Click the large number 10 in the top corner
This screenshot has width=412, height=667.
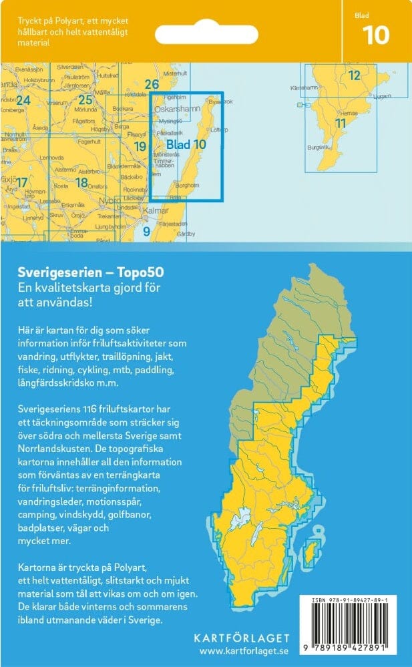tap(376, 35)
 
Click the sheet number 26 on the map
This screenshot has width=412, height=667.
tap(152, 84)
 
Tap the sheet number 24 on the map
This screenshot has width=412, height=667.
tap(23, 101)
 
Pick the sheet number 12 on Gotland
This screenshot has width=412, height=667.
tap(354, 75)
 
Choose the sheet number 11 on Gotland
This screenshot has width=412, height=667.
tap(341, 123)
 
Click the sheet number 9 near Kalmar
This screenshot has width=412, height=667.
tap(146, 232)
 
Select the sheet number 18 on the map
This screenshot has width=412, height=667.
tap(81, 182)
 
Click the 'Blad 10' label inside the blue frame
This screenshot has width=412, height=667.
tap(185, 144)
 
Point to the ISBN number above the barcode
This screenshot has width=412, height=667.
tap(353, 601)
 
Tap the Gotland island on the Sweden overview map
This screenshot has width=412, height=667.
tap(311, 551)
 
